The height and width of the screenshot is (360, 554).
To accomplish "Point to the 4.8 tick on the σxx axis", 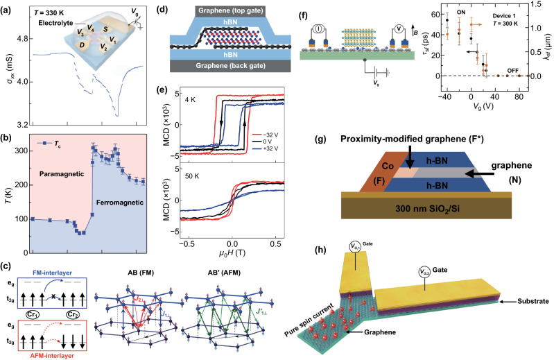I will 19,38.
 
